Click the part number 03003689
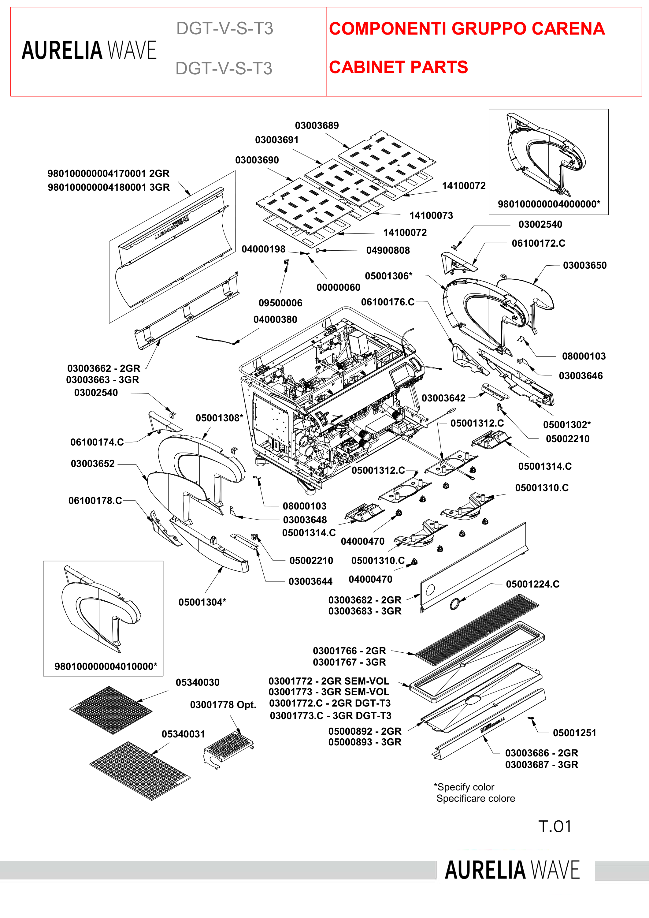pos(317,125)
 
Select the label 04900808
pos(388,250)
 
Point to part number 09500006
pos(280,303)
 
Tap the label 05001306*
pos(388,276)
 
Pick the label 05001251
pos(574,733)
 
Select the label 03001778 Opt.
pos(223,704)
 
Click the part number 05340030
pos(197,682)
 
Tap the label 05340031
pos(183,734)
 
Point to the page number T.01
pos(555,827)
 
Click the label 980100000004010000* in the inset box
pos(106,666)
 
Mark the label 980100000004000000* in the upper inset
pos(549,204)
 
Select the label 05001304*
pos(202,602)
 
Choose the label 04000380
pos(275,319)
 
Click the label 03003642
pos(443,398)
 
